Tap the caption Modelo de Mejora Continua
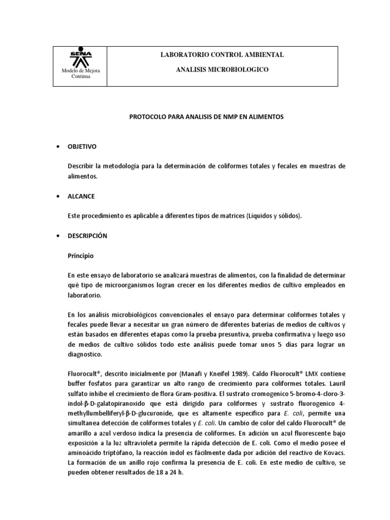81,74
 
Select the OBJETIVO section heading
82,147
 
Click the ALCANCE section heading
81,196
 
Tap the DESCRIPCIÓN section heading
87,236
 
